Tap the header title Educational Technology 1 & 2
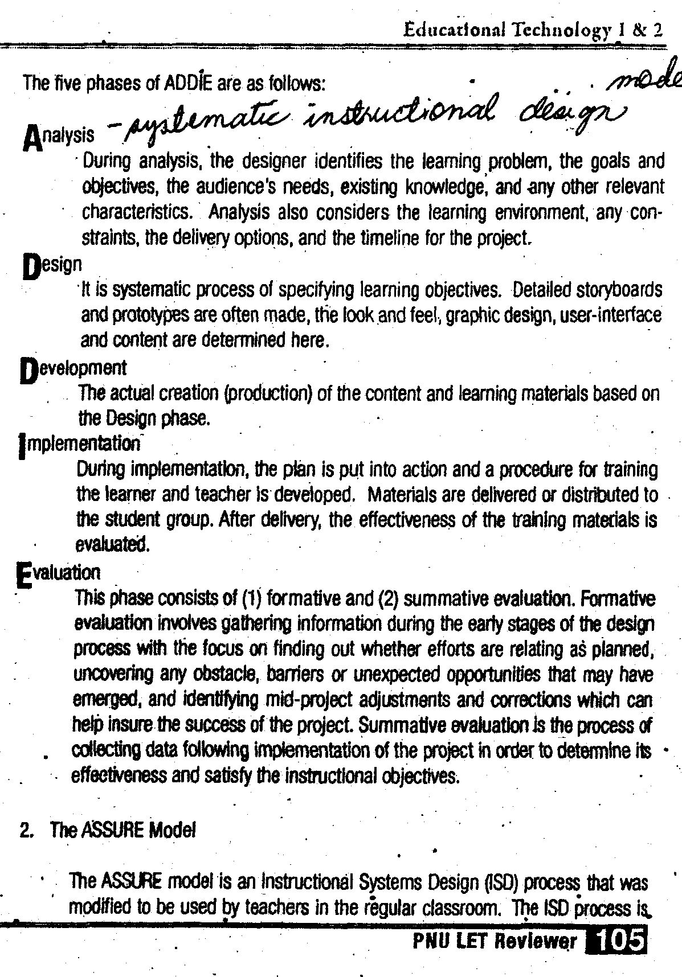tap(533, 30)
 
